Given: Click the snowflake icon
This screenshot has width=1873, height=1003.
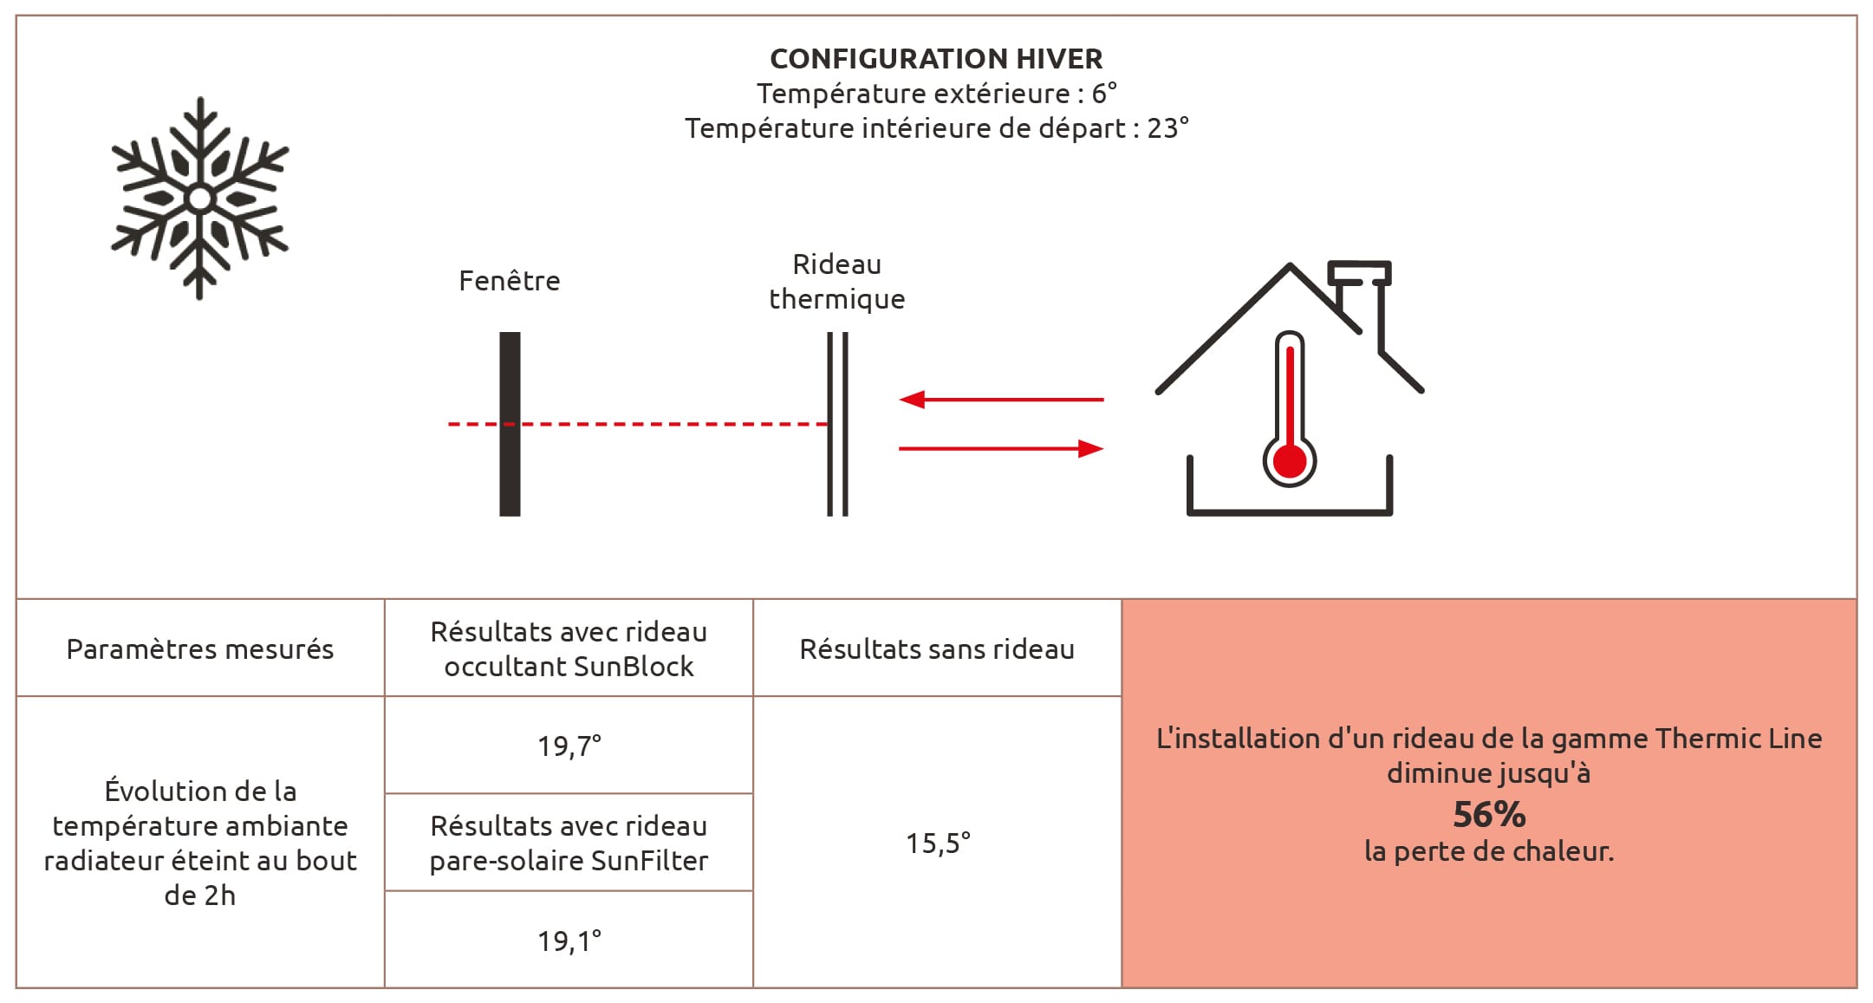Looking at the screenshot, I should click(200, 199).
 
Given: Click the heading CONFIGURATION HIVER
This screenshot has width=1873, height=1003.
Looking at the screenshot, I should click(936, 59).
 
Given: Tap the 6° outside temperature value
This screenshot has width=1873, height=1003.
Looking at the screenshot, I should click(1104, 94).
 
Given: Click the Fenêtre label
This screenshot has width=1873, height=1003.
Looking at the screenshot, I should click(510, 281).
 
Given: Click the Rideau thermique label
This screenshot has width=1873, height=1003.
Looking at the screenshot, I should click(836, 282).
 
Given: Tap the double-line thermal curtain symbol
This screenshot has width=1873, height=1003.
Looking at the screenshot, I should click(837, 468).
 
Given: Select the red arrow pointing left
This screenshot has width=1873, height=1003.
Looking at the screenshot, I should click(1000, 400).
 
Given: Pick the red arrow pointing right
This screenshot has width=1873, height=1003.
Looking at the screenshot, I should click(1000, 448).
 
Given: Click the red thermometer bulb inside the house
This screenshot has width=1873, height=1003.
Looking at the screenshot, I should click(1290, 461).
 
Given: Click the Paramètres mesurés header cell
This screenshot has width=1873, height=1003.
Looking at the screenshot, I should click(200, 649).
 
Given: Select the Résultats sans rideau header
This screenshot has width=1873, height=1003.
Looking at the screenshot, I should click(937, 649).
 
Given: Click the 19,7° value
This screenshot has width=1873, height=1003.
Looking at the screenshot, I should click(569, 746).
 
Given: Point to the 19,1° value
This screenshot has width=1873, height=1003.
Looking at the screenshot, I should click(569, 941).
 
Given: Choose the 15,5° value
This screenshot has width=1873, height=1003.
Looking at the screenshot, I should click(938, 843).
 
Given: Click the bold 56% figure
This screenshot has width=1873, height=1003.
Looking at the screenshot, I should click(1489, 815).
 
